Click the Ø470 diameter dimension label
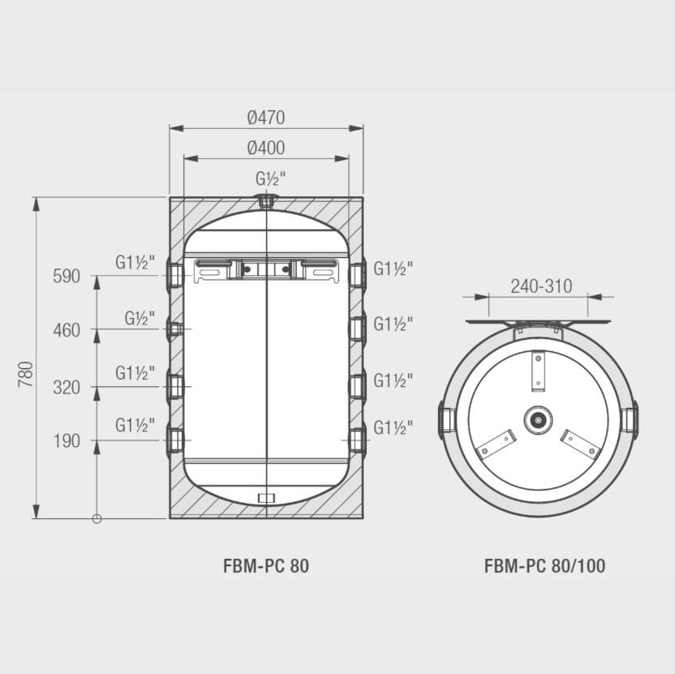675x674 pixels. (x=266, y=118)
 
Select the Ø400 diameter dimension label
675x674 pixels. (x=266, y=148)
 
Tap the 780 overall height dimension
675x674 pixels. (x=26, y=374)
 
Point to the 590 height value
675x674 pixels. (x=67, y=276)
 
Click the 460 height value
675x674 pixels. (x=67, y=330)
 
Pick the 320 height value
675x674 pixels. (x=67, y=388)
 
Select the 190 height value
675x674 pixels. (x=67, y=440)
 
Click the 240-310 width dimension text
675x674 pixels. (x=541, y=286)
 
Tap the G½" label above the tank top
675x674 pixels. (x=271, y=178)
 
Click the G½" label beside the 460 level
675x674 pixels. (x=140, y=318)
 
